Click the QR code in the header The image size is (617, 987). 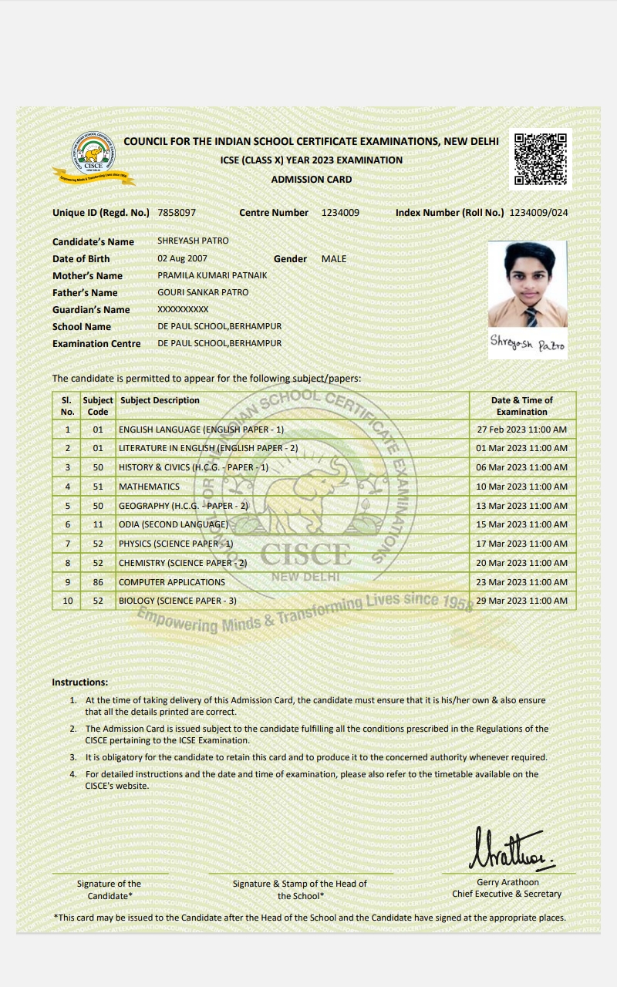click(541, 159)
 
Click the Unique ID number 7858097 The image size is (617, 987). click(177, 213)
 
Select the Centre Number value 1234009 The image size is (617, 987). click(340, 213)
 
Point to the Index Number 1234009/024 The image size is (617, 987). click(539, 213)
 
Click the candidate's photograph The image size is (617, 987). click(528, 284)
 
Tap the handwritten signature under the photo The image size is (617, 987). click(528, 344)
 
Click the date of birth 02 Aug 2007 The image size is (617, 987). click(182, 259)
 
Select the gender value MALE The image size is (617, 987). click(334, 259)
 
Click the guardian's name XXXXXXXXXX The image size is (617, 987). click(183, 310)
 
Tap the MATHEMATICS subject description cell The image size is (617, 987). click(149, 487)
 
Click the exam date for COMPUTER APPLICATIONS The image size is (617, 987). click(521, 582)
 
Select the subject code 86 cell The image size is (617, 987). click(98, 582)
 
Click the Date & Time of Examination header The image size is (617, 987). click(521, 406)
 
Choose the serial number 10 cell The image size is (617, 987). click(67, 601)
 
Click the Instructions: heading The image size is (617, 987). click(80, 682)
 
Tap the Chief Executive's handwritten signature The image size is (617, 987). click(509, 849)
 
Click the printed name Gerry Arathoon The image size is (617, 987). click(507, 882)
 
